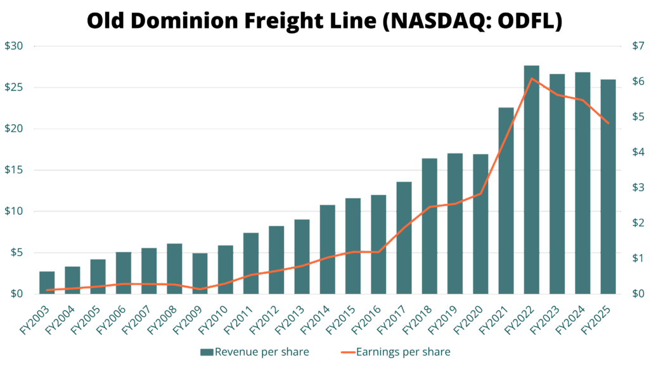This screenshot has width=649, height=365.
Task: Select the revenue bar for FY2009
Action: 200,273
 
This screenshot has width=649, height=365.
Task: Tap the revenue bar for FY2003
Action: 47,282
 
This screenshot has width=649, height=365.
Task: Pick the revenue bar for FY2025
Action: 608,186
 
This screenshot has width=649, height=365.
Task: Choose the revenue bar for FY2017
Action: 404,238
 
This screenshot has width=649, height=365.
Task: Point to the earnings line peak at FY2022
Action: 532,79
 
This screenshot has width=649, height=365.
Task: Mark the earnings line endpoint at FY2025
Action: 608,124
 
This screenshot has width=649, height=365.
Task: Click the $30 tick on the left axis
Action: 14,46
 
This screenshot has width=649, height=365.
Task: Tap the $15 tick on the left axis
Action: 14,170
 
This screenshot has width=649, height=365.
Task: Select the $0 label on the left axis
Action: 14,294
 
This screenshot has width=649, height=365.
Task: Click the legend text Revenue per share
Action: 261,352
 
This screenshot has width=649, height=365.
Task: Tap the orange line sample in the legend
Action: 347,352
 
